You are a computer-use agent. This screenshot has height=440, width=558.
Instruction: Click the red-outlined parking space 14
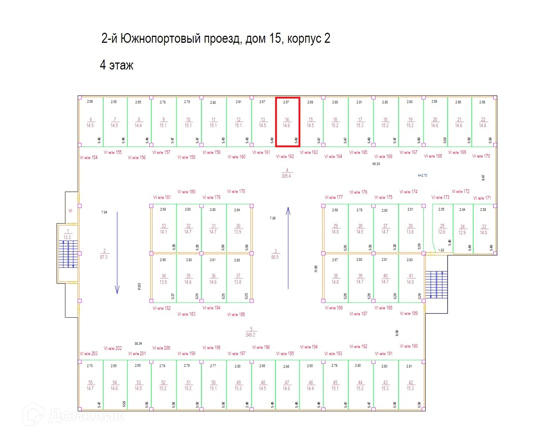pyautogui.click(x=287, y=122)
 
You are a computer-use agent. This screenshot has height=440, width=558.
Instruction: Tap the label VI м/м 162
pyautogui.click(x=285, y=157)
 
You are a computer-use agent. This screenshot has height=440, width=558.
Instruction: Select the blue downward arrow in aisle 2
pyautogui.click(x=117, y=253)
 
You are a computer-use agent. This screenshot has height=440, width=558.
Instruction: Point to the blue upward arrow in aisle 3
pyautogui.click(x=288, y=248)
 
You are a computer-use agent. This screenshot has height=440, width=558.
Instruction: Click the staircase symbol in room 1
pyautogui.click(x=68, y=254)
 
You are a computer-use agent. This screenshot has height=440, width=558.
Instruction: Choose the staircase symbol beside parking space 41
pyautogui.click(x=436, y=285)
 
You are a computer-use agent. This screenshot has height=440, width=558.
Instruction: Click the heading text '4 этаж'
pyautogui.click(x=116, y=65)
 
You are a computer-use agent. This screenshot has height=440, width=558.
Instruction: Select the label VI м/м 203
pyautogui.click(x=88, y=353)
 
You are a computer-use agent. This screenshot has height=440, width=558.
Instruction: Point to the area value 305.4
pyautogui.click(x=286, y=176)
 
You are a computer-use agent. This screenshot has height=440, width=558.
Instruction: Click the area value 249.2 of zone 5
pyautogui.click(x=250, y=335)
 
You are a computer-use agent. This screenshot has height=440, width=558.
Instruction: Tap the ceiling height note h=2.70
pyautogui.click(x=422, y=175)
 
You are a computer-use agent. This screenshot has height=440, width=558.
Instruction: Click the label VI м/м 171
pyautogui.click(x=482, y=198)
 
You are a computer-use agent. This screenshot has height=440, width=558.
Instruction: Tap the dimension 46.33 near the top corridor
pyautogui.click(x=376, y=164)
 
